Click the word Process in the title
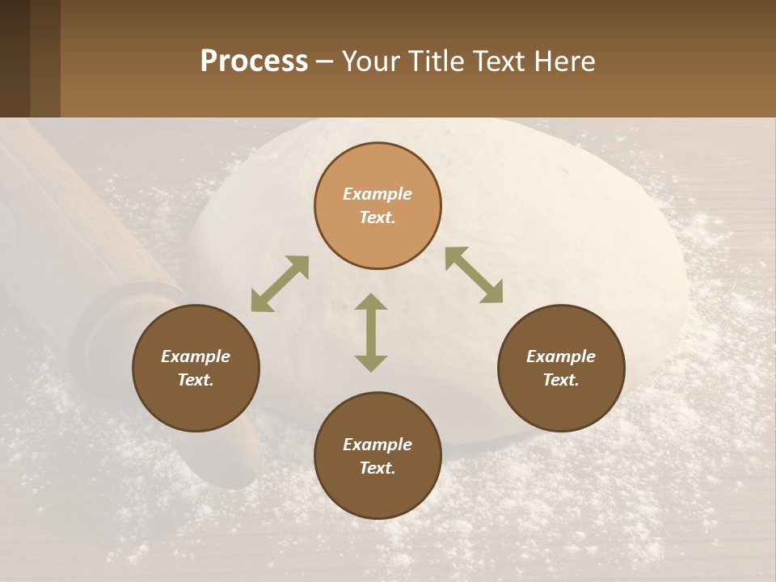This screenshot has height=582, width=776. click(254, 61)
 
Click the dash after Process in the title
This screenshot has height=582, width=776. click(325, 63)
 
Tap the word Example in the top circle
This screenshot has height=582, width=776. click(377, 194)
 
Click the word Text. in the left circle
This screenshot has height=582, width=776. click(196, 380)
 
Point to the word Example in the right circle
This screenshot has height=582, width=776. click(561, 356)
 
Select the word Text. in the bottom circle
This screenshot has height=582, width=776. click(377, 468)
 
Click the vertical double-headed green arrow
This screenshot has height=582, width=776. click(371, 332)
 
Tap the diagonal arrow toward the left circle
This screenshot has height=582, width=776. click(280, 284)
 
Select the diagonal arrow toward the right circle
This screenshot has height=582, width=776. click(474, 275)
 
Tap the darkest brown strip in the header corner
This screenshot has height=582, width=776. click(15, 58)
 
